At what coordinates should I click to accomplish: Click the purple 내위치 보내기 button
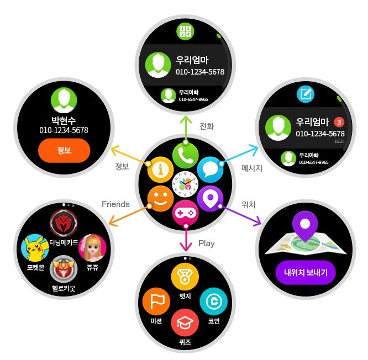306,272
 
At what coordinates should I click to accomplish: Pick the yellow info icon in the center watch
160,170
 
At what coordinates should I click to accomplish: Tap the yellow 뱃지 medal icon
185,277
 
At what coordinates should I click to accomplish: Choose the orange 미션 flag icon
155,303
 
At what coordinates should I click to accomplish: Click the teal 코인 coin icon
212,301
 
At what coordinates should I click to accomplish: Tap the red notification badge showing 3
339,122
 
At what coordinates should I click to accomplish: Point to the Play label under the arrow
206,243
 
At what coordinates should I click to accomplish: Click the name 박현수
64,120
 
